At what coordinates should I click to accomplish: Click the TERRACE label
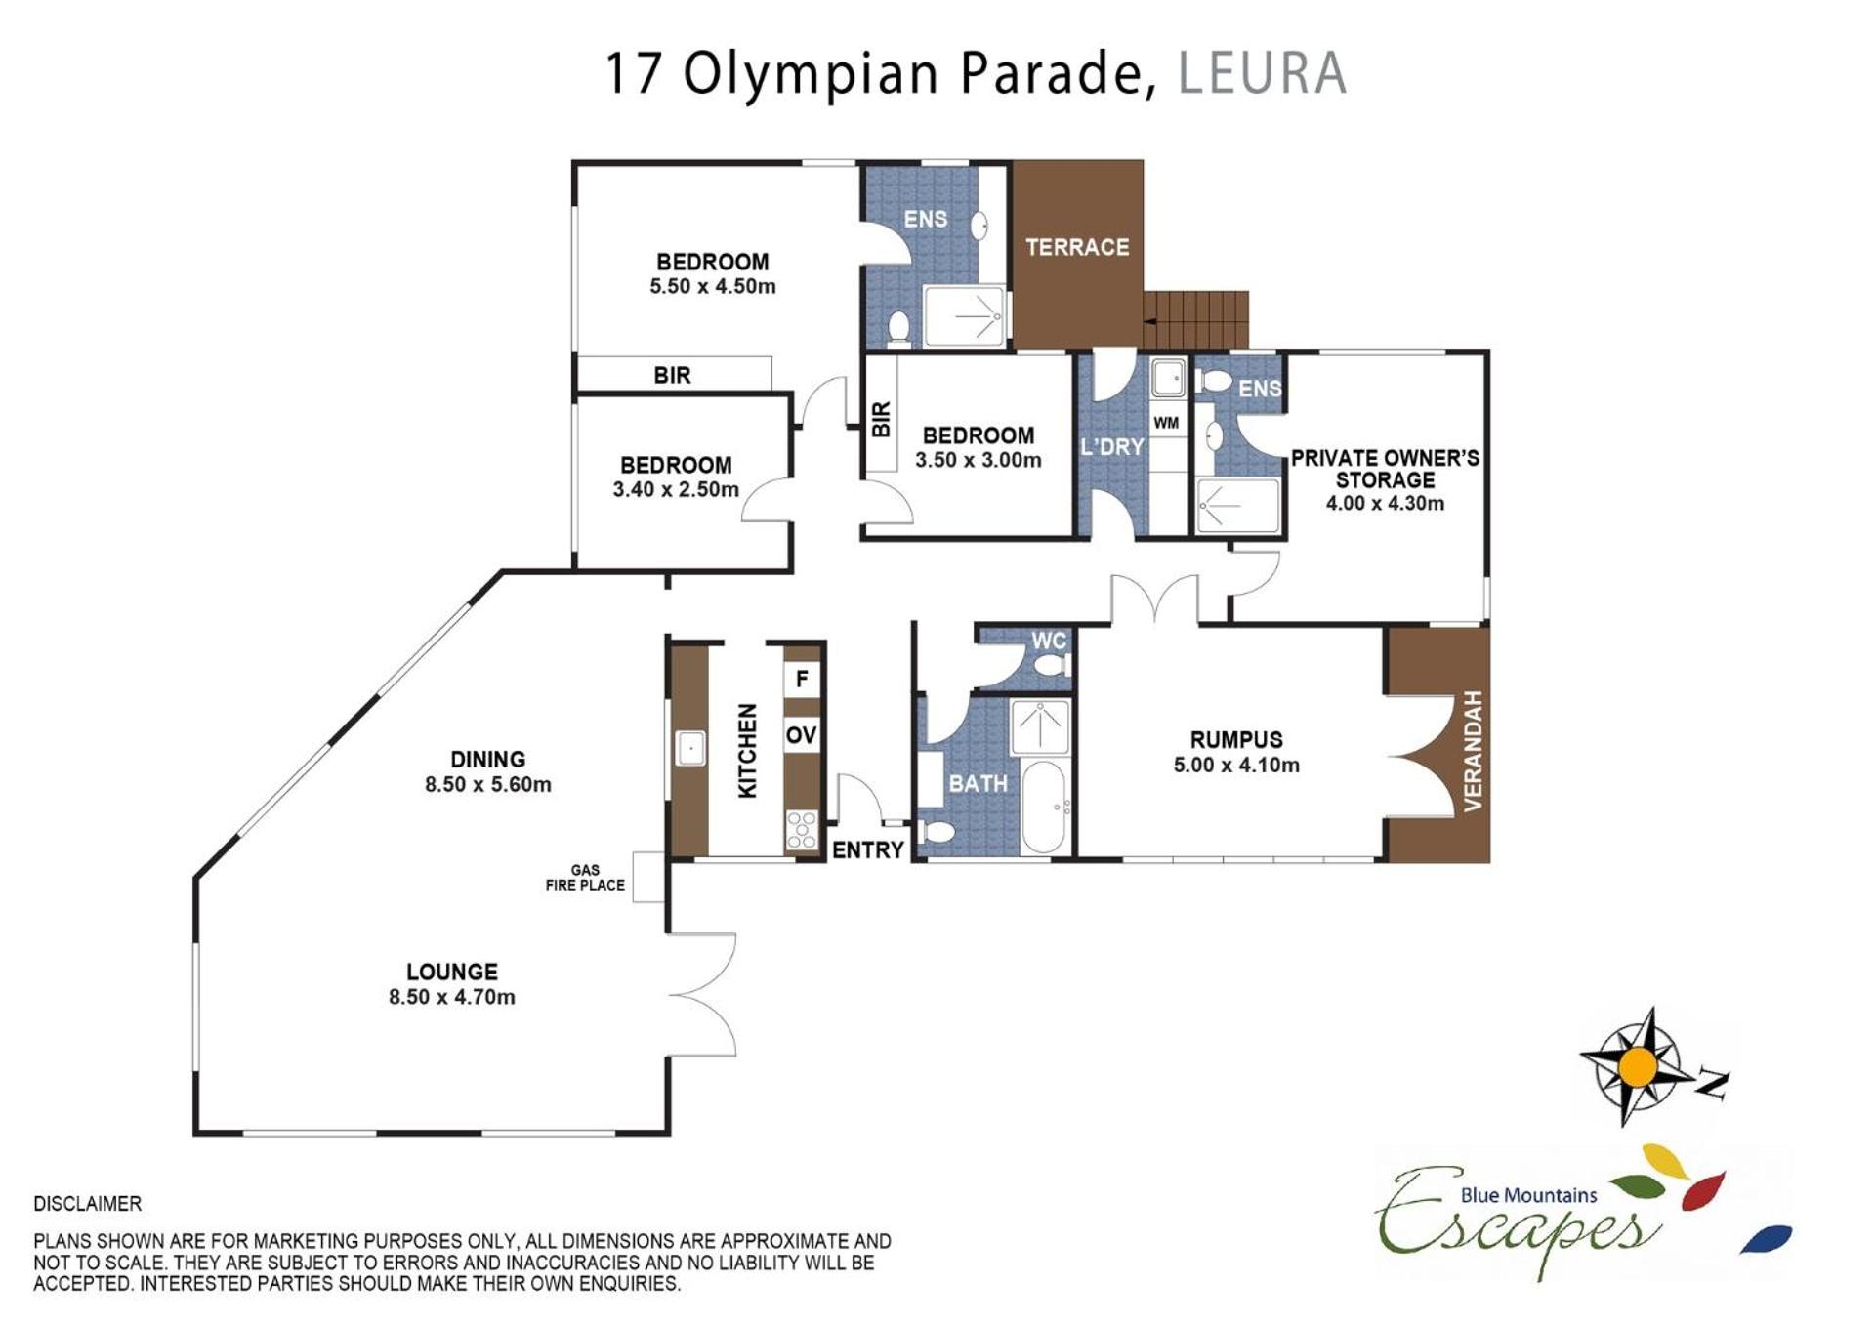[1077, 247]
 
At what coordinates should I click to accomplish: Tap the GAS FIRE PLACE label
[585, 878]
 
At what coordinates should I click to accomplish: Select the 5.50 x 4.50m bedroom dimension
[713, 287]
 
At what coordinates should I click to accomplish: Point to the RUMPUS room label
[1236, 740]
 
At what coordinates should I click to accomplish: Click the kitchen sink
[690, 749]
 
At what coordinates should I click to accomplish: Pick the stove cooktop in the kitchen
[802, 830]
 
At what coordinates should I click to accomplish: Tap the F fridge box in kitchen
[802, 679]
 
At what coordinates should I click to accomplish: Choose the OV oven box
[802, 735]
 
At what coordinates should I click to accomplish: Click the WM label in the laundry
[1166, 423]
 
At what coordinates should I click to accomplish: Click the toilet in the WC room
[1053, 666]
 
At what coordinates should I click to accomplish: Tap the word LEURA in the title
[1263, 73]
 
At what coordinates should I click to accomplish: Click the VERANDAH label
[1473, 750]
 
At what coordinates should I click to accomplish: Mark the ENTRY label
[867, 850]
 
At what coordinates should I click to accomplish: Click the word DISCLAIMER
[88, 1204]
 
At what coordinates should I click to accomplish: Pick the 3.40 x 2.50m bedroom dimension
[676, 490]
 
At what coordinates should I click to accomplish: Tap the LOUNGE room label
[452, 972]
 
